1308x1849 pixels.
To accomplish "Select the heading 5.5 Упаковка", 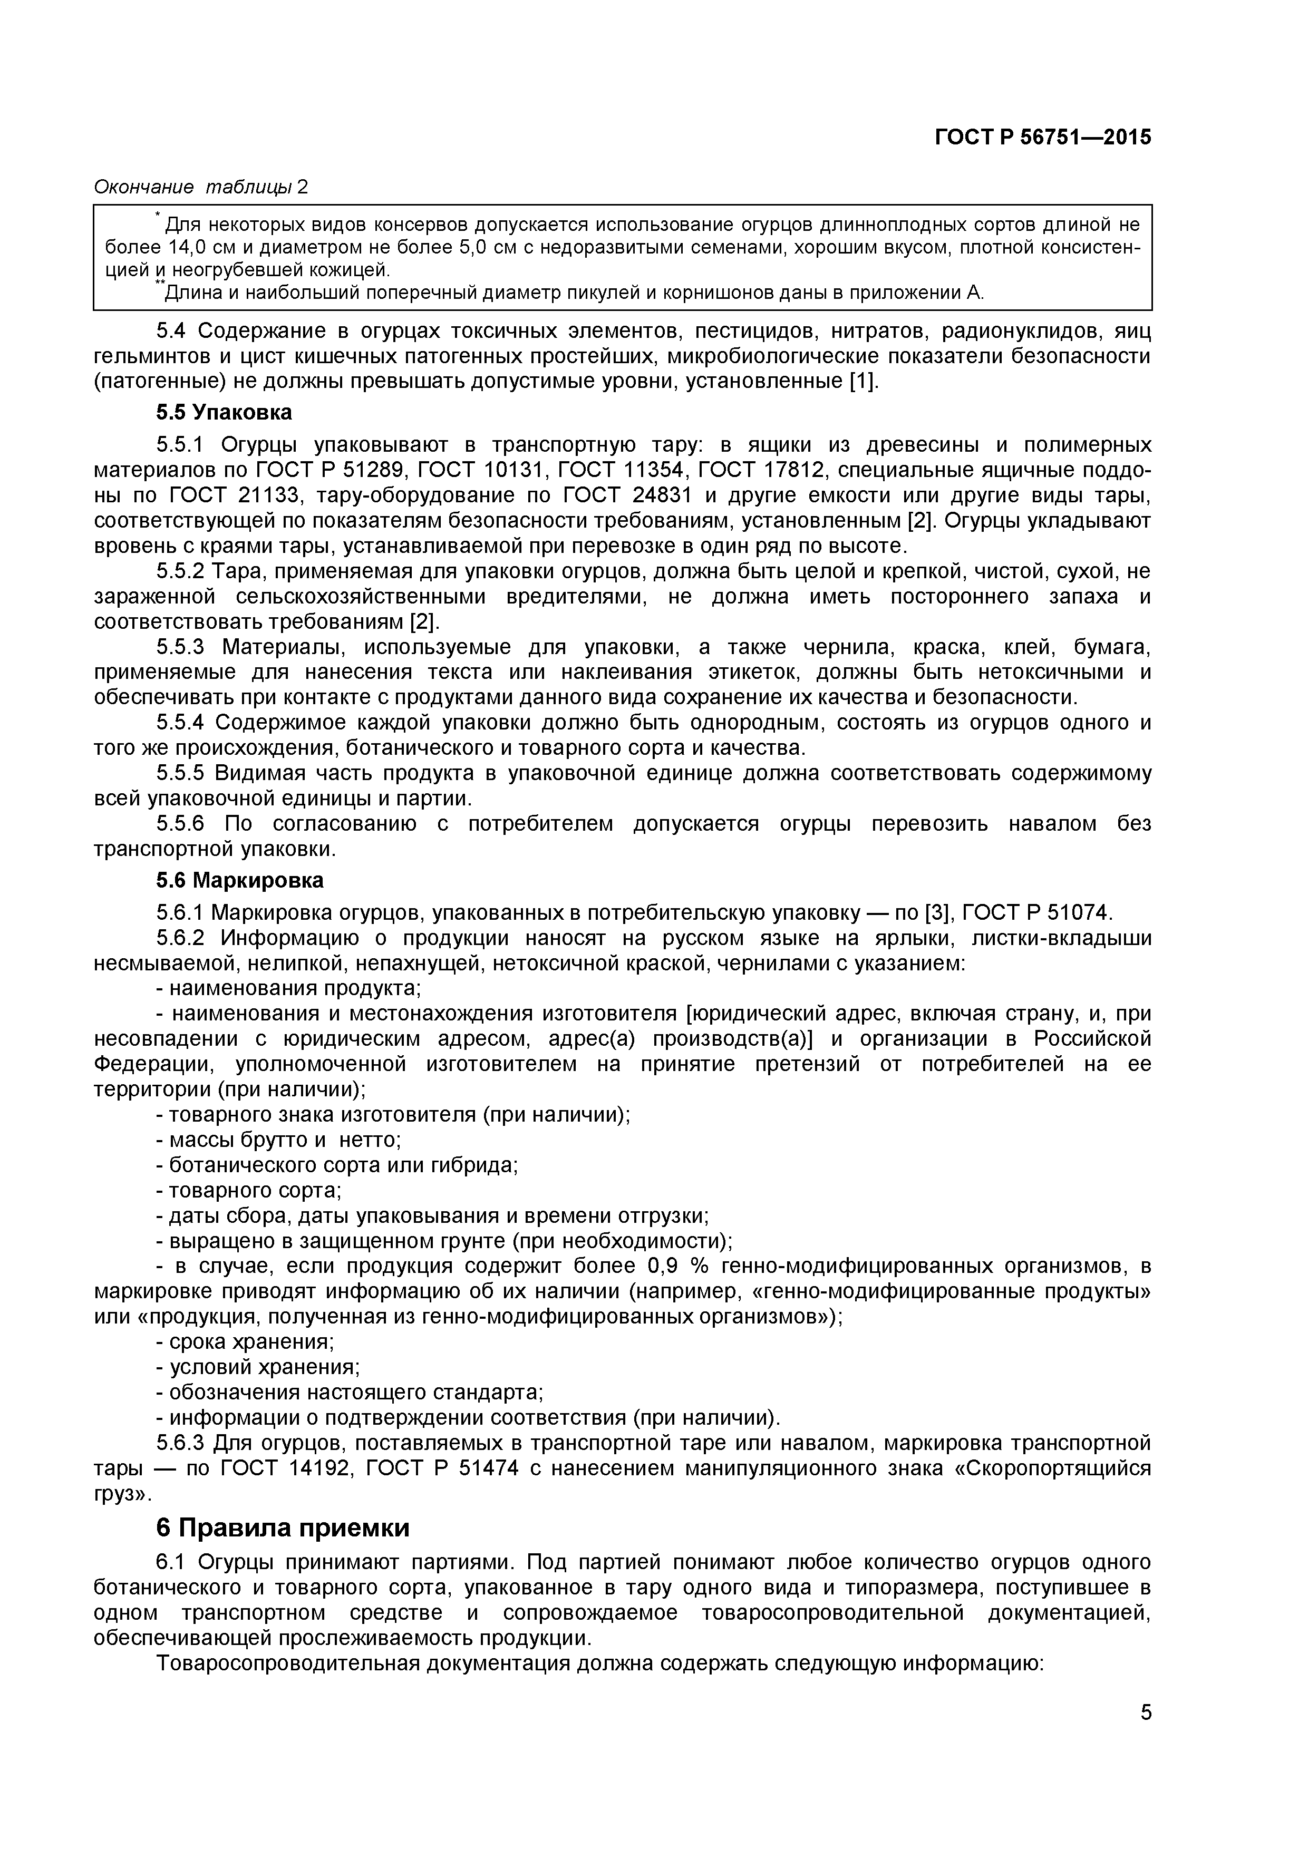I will pos(224,413).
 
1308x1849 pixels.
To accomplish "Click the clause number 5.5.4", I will pos(182,723).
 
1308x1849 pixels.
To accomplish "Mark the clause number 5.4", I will pos(171,331).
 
